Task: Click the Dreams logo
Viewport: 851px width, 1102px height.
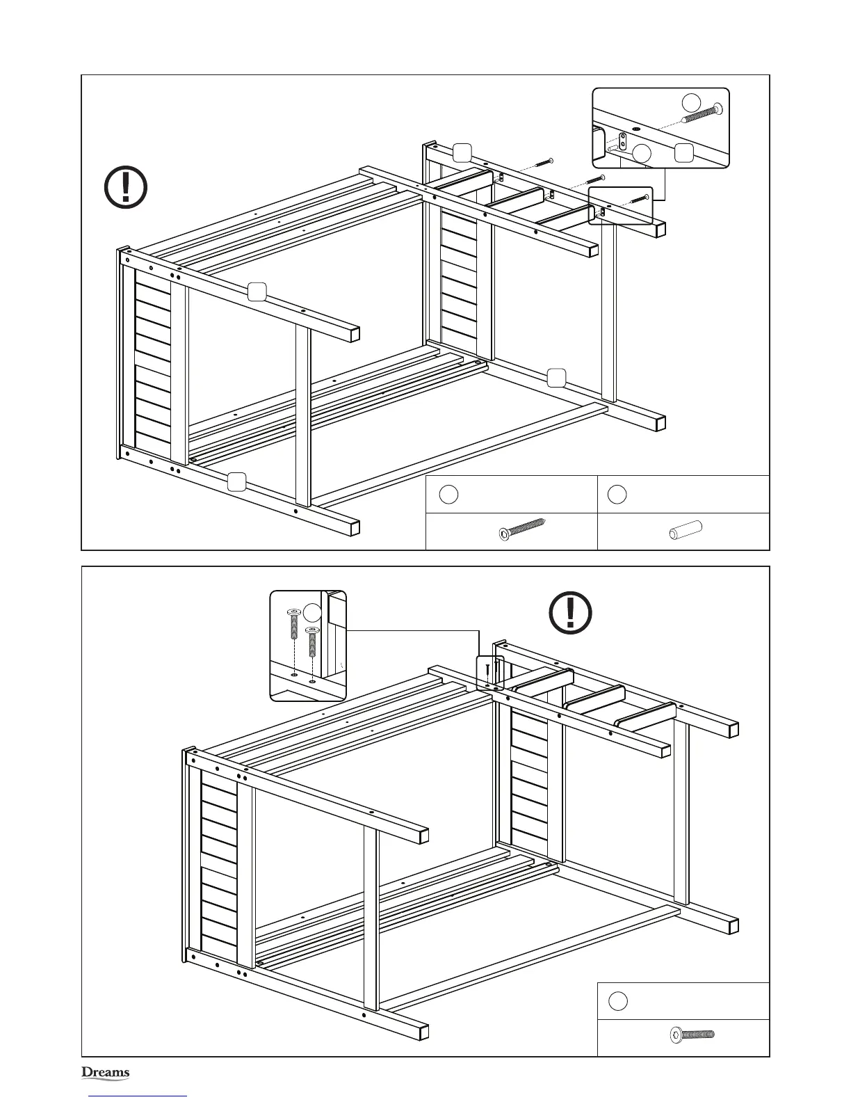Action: pos(106,1072)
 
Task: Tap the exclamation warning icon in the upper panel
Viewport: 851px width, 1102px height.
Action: pos(125,186)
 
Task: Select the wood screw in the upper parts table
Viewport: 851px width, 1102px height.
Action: pos(521,532)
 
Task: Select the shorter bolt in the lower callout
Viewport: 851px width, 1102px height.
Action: pos(311,644)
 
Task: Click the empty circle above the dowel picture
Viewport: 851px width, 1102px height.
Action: pos(617,494)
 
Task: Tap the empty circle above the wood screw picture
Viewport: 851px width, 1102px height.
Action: pos(448,494)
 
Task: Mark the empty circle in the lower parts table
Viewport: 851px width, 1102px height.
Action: pos(617,1001)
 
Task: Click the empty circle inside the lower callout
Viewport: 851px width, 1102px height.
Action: pos(314,613)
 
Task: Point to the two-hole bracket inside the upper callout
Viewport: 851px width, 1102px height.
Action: pos(624,141)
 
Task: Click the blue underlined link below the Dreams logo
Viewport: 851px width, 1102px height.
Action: pos(138,1096)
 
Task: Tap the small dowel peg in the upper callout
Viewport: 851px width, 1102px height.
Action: pos(610,148)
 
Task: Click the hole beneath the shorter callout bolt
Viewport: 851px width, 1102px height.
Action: pos(311,681)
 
